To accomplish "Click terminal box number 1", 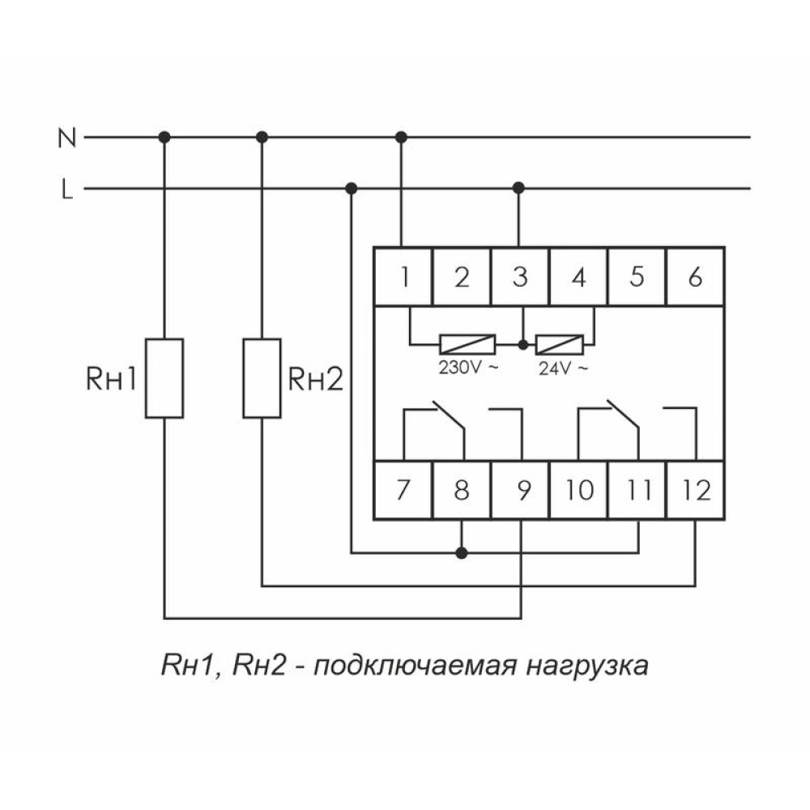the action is point(403,277).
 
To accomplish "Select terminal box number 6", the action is point(695,277).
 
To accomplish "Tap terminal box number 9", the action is point(520,490).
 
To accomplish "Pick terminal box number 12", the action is point(695,490).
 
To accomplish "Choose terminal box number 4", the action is point(578,277).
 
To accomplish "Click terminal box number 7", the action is point(403,490).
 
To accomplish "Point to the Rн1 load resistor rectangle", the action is point(164,378).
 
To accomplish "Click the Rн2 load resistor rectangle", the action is point(262,378).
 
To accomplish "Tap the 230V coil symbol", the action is point(467,344).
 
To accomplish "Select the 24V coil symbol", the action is point(560,344).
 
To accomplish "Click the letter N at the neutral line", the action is point(67,138).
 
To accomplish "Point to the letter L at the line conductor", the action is point(67,189).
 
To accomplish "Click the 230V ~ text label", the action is point(468,368).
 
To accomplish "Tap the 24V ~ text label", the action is point(563,369).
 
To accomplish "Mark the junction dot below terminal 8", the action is point(462,553).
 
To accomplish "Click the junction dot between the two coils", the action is point(523,344).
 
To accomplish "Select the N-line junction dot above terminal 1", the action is point(401,138).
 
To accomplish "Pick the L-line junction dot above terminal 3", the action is point(518,188).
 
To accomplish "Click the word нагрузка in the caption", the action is point(587,666).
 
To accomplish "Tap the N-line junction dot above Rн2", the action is point(262,138).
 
